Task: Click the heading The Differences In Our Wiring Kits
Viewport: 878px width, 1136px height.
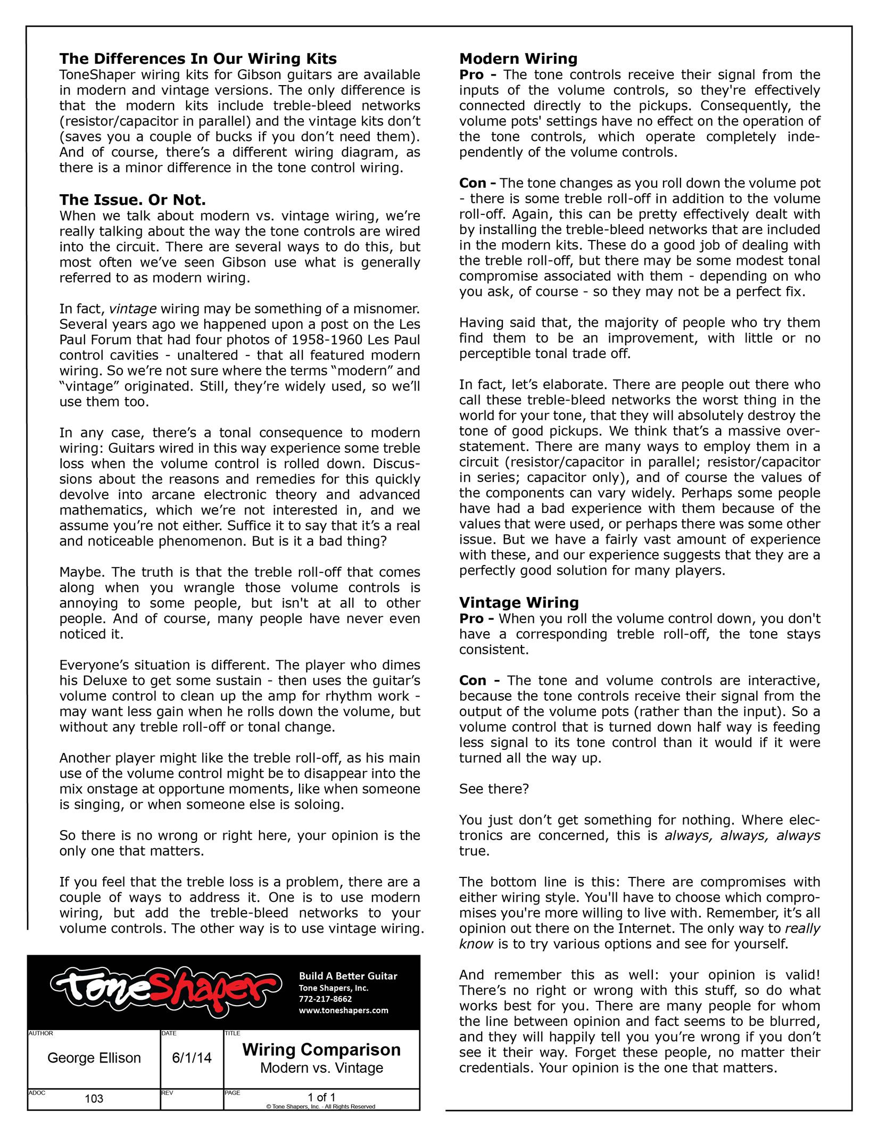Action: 198,59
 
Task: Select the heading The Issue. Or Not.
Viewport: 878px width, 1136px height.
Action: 132,200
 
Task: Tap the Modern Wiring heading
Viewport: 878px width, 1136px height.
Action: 518,59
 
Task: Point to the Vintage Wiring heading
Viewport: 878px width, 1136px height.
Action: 519,602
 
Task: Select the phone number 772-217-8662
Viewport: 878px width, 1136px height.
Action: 325,999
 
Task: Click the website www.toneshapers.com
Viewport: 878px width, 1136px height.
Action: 343,1010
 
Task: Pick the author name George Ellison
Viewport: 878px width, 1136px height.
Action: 94,1058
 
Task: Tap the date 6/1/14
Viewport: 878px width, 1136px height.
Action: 192,1058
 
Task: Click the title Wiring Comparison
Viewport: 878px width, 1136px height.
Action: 321,1050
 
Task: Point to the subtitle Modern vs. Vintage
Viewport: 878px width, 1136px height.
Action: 321,1068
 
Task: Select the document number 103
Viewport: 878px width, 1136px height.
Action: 94,1099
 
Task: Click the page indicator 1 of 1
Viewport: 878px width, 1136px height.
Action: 321,1097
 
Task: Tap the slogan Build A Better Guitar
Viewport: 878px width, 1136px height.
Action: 348,976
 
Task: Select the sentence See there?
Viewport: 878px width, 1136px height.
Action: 494,789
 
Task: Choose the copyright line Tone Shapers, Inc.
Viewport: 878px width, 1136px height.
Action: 321,1107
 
